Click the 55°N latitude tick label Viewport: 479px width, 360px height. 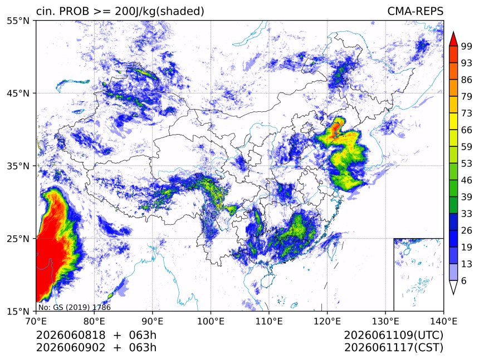point(18,21)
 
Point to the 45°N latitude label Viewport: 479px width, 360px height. point(18,93)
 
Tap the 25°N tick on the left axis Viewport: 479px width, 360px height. point(18,238)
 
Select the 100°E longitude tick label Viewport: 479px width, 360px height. point(211,321)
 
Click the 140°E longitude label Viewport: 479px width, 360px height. point(443,321)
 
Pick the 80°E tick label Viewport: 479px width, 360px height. point(94,321)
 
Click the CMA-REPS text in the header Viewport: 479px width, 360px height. point(415,11)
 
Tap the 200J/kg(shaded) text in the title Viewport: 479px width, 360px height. point(159,12)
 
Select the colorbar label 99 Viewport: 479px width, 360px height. point(467,46)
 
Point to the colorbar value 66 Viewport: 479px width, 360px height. point(467,130)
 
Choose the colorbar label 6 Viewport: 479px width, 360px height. point(464,280)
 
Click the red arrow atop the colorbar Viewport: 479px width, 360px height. point(453,39)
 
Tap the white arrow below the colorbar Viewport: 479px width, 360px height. point(453,288)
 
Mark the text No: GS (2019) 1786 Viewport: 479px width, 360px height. point(75,307)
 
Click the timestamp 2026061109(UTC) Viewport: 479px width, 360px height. point(393,335)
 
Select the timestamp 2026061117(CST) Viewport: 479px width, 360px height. point(393,348)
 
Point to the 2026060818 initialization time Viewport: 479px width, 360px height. point(71,335)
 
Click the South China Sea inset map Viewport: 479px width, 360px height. point(418,274)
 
